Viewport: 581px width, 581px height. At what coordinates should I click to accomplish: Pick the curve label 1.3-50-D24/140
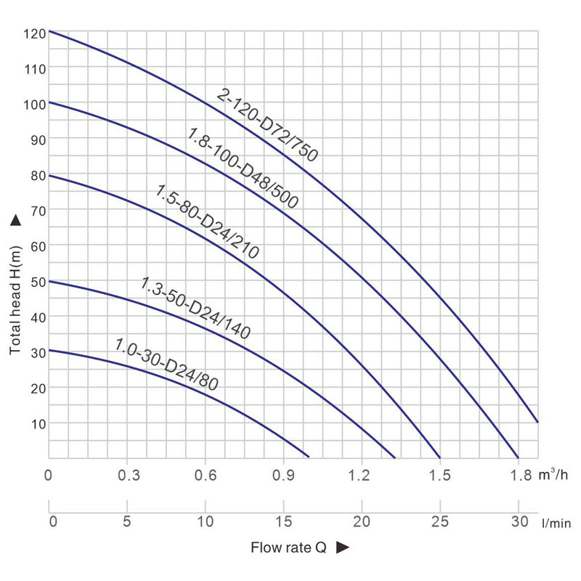[195, 308]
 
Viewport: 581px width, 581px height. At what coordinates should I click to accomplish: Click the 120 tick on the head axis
[35, 33]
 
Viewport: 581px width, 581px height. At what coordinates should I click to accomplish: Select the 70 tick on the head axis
[37, 211]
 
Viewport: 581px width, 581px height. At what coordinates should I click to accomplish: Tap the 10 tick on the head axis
[37, 423]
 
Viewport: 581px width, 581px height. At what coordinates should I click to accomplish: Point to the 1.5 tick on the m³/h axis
[440, 476]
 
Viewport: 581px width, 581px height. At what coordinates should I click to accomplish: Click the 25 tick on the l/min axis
[440, 521]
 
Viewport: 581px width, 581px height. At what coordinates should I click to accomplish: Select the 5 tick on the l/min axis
[127, 521]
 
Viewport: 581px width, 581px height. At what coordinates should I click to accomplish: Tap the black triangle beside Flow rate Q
[344, 548]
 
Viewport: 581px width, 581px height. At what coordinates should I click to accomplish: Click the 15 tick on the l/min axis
[283, 521]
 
